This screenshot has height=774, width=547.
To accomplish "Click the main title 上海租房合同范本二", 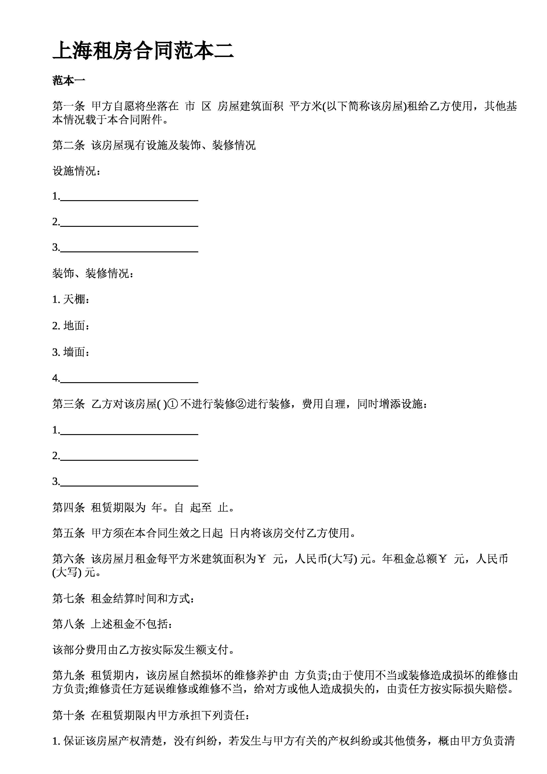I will [143, 51].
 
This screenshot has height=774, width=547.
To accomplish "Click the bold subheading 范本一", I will [69, 81].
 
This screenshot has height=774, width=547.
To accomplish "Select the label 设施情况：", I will [77, 171].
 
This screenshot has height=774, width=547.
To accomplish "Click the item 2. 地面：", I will [71, 326].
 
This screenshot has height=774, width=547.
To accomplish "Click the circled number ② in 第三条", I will [241, 404].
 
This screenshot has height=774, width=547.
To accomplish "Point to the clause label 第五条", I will [68, 533].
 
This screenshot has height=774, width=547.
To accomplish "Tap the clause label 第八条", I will [68, 624].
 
